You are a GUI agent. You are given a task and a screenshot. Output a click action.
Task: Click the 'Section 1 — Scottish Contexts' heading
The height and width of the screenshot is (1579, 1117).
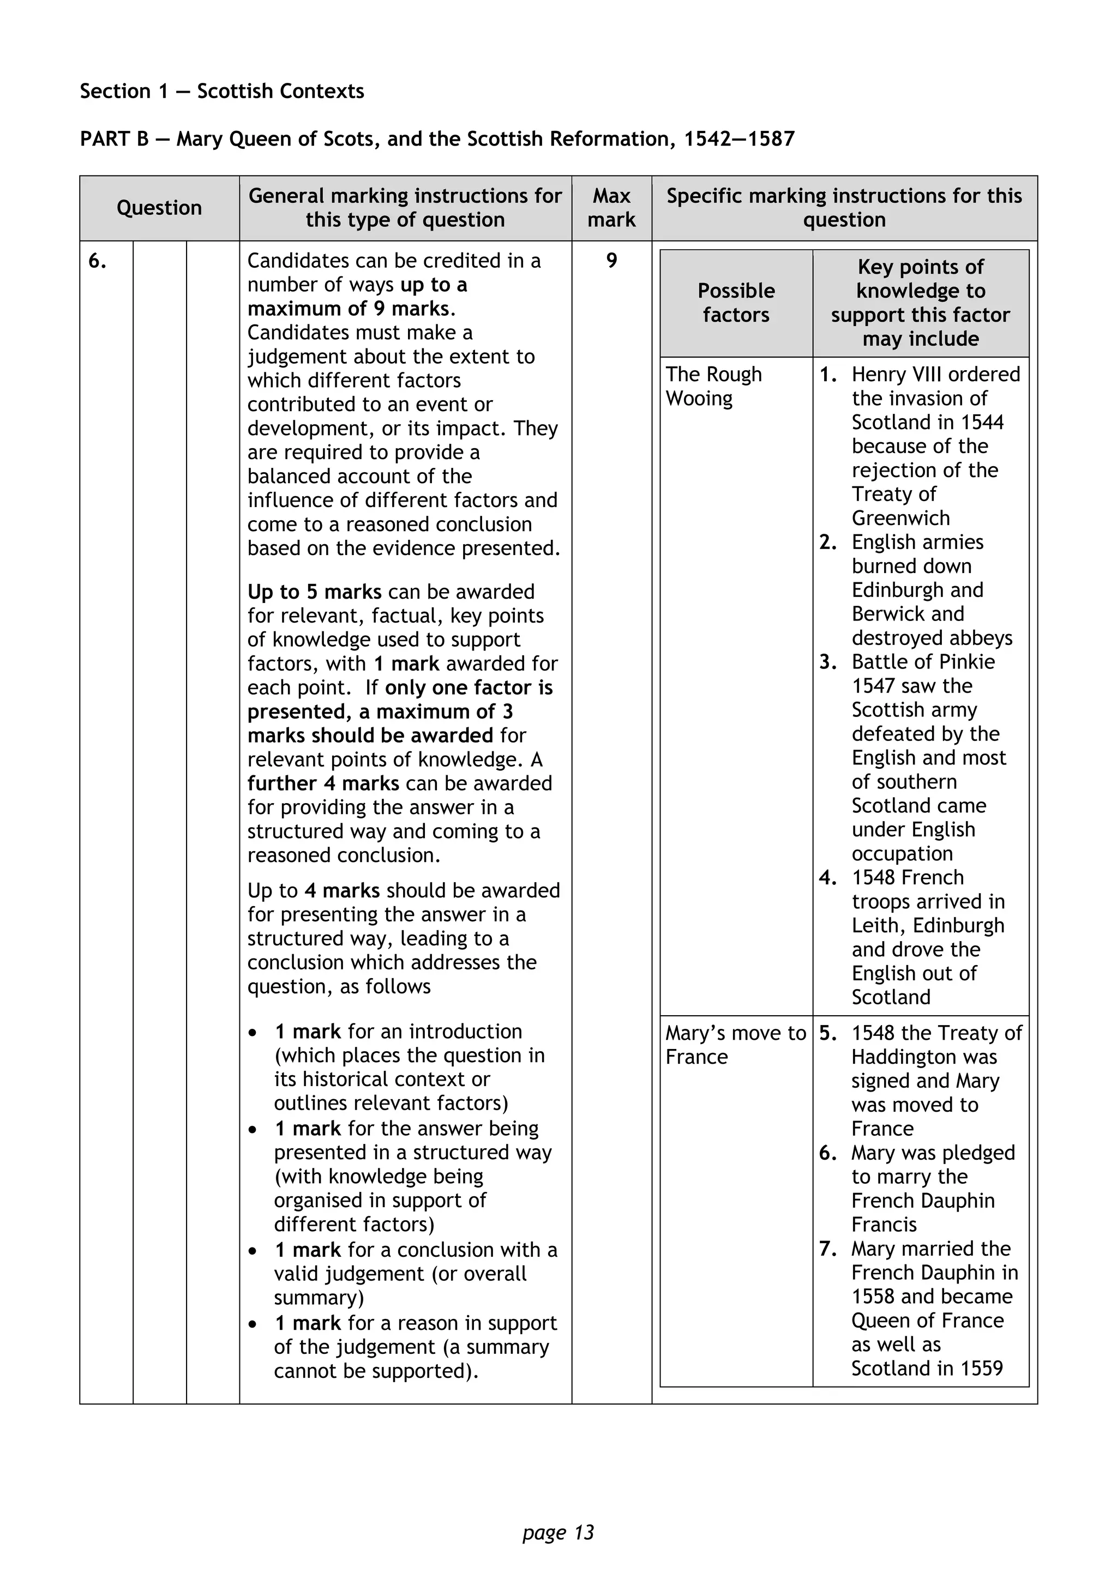coord(221,92)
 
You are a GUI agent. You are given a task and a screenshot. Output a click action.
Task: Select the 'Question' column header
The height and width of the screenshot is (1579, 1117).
coord(159,208)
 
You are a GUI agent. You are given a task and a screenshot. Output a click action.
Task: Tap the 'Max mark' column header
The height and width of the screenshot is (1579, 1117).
coord(611,208)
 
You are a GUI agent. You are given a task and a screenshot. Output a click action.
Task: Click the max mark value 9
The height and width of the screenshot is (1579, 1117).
coord(611,261)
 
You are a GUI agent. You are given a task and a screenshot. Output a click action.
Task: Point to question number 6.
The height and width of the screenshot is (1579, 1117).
coord(98,261)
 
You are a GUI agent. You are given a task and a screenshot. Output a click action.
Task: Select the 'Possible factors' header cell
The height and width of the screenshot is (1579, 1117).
coord(735,303)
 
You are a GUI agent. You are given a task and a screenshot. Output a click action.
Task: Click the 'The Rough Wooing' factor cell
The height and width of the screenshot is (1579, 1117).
coord(713,386)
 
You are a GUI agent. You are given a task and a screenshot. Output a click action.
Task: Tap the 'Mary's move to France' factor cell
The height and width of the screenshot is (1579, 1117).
coord(735,1045)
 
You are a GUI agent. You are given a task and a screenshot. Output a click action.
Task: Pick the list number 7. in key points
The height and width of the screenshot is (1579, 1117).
coord(827,1248)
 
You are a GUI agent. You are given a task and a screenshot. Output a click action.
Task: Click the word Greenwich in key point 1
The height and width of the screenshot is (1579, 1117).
coord(900,518)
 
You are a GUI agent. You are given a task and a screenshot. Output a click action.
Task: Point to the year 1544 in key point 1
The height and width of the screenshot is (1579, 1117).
coord(982,422)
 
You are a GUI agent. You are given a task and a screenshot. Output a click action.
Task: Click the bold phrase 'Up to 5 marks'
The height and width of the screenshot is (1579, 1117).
coord(314,592)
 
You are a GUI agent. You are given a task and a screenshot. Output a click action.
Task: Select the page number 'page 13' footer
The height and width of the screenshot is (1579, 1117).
coord(558,1532)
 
